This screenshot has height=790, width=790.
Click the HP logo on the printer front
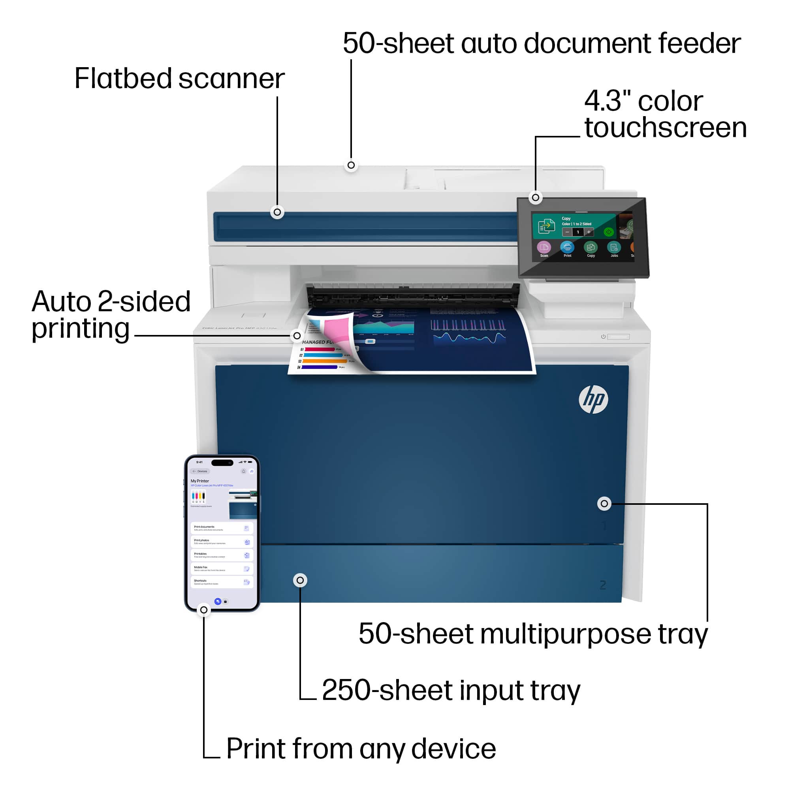tap(593, 399)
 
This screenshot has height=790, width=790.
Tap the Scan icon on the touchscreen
tap(544, 247)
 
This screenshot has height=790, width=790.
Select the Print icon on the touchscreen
tap(567, 247)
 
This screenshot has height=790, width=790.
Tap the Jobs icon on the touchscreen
tap(614, 247)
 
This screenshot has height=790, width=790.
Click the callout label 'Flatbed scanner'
tap(179, 79)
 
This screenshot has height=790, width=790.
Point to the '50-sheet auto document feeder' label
tap(542, 43)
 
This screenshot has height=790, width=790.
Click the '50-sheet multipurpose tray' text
tap(533, 634)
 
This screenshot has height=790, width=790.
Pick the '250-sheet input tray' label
tap(451, 690)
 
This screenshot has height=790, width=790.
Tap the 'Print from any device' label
tap(361, 749)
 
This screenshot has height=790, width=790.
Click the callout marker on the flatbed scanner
tap(277, 212)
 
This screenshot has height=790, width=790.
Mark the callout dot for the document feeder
tap(351, 165)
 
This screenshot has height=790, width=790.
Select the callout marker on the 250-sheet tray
tap(300, 580)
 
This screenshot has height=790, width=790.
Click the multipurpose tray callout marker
tap(604, 503)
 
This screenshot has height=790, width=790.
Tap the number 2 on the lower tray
tap(602, 585)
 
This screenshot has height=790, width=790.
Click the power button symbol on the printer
tap(603, 337)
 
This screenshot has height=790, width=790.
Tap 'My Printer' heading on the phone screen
tap(199, 481)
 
